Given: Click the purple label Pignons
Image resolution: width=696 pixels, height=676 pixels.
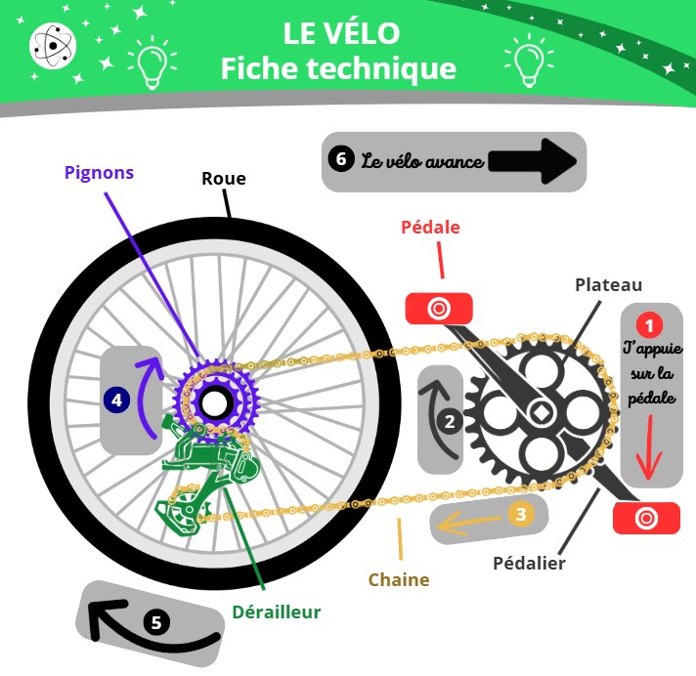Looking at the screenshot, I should coord(99,173).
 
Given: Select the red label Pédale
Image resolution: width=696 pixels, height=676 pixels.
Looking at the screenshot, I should coord(430,227).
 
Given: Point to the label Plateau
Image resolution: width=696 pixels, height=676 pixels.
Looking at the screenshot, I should coord(608,285).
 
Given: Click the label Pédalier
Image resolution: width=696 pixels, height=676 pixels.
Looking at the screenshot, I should coord(528,563).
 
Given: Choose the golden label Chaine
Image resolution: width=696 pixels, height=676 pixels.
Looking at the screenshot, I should coord(399,579).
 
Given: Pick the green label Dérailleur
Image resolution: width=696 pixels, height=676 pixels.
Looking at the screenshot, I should coord(277,613).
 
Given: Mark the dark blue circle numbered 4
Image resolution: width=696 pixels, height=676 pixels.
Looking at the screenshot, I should coord(117,399).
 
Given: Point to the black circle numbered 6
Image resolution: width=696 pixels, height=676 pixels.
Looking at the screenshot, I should coord(340,159).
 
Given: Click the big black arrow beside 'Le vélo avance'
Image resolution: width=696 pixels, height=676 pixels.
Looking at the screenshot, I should coord(535,160).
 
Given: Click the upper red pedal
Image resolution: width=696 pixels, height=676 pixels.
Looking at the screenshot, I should coord(439,309).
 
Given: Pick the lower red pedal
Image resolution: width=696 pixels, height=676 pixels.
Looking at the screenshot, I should coord(646,518).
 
